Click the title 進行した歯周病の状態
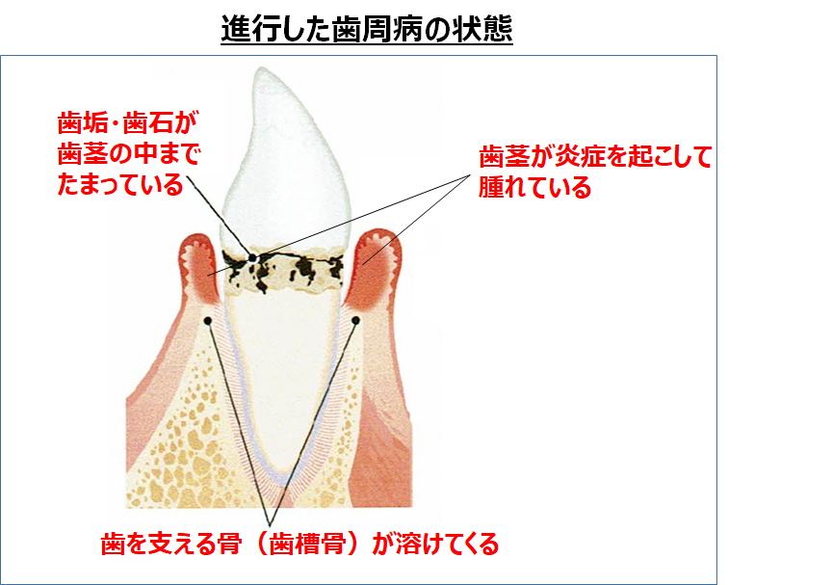tap(367, 28)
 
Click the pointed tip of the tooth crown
tap(260, 68)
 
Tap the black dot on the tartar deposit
tap(253, 258)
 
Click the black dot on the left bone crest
tap(208, 321)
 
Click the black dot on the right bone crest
tap(356, 320)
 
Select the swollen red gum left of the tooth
tap(198, 269)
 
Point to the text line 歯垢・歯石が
tap(127, 123)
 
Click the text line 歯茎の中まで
tap(129, 154)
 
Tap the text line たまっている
tap(120, 185)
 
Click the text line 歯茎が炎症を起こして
tap(595, 156)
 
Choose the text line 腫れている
tap(534, 187)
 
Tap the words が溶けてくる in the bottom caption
tap(435, 544)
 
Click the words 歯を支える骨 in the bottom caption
tap(171, 544)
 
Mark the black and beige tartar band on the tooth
tap(283, 270)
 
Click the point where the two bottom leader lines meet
tap(270, 525)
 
